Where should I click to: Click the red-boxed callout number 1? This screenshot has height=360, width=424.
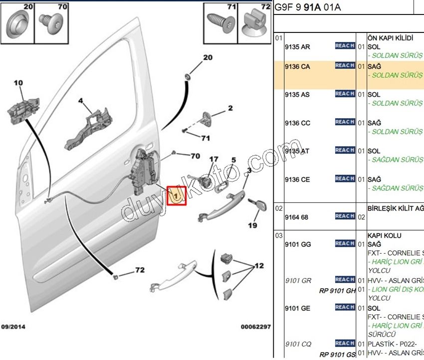(177, 196)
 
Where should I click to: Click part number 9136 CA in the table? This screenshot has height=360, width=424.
(297, 66)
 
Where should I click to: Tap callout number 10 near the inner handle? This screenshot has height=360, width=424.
(18, 83)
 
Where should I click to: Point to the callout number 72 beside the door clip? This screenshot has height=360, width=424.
(139, 271)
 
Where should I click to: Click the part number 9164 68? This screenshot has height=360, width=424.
(296, 217)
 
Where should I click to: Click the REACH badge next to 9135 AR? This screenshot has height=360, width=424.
(345, 46)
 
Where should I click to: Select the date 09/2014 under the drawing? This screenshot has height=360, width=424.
(13, 327)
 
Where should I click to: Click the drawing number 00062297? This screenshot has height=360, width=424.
(255, 327)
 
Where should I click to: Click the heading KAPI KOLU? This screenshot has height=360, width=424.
(384, 235)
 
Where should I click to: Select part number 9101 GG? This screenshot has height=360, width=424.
(297, 244)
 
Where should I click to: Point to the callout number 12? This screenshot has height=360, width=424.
(259, 266)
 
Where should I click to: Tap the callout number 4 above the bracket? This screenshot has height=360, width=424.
(80, 101)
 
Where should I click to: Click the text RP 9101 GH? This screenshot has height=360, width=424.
(337, 290)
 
